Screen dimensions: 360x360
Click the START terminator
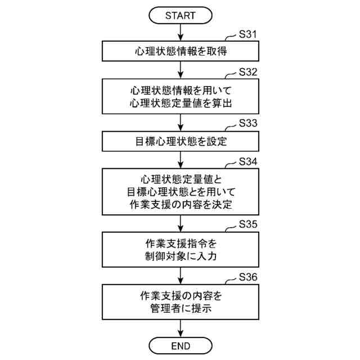click(180, 15)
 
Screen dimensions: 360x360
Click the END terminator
click(180, 344)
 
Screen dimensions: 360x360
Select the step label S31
click(248, 34)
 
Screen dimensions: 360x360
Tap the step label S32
click(248, 72)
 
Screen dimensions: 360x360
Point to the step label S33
click(248, 122)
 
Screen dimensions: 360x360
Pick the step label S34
click(248, 161)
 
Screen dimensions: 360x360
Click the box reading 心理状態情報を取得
click(180, 51)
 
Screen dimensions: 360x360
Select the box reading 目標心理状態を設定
click(180, 141)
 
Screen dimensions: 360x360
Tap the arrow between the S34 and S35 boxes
click(180, 223)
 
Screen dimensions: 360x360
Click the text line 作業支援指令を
click(180, 244)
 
